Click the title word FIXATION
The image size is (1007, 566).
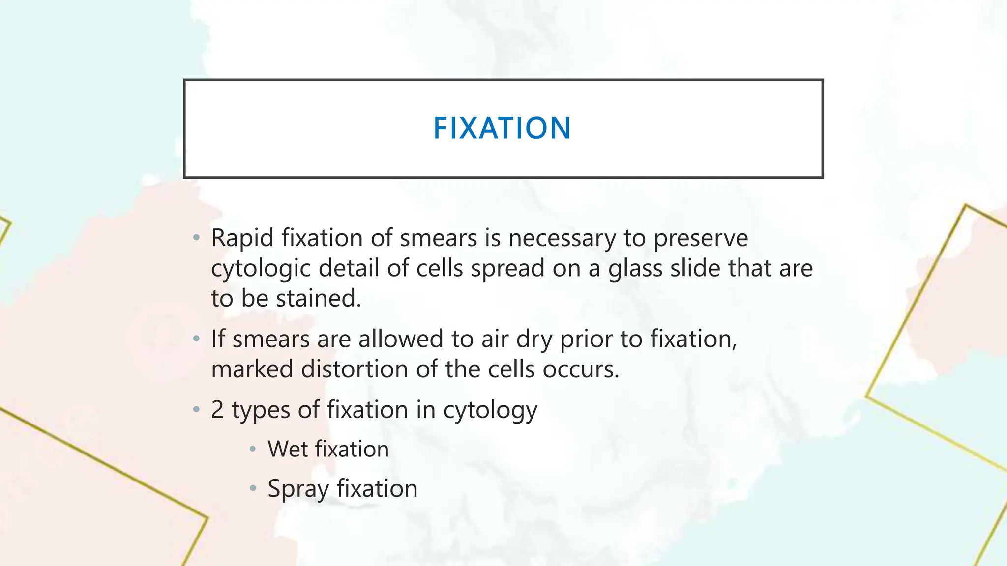tap(502, 128)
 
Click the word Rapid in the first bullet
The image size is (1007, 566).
tap(242, 238)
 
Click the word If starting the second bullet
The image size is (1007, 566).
tap(218, 339)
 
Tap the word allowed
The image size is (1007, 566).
tap(401, 339)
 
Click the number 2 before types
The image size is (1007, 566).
tap(217, 410)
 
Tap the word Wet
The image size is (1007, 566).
tap(287, 449)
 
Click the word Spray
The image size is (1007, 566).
tap(298, 489)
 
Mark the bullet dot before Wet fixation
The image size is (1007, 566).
tap(253, 449)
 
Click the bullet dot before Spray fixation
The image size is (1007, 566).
tap(253, 488)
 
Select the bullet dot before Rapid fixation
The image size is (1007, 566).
tap(197, 238)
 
